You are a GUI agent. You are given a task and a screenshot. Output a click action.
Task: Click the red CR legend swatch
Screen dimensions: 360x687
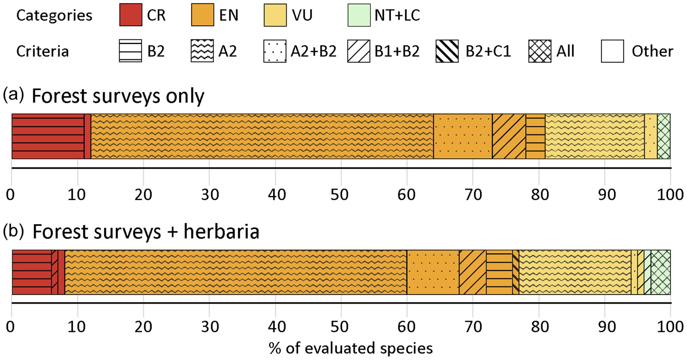coord(130,15)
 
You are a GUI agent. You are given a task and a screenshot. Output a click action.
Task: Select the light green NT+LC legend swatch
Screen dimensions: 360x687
coord(359,15)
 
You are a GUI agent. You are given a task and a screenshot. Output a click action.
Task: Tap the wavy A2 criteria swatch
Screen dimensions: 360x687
coord(202,51)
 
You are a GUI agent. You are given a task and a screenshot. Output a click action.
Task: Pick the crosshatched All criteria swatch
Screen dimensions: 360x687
coord(540,51)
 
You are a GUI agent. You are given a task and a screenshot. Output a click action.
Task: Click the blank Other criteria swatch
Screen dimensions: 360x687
coord(612,51)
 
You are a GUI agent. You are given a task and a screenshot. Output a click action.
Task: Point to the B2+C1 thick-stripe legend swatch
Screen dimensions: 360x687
coord(447,51)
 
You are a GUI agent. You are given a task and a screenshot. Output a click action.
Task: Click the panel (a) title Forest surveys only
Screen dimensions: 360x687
coord(118,96)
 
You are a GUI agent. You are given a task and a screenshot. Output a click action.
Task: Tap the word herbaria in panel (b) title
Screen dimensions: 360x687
coord(221,231)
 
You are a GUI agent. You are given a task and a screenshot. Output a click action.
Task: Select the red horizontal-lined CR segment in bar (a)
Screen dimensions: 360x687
coord(48,136)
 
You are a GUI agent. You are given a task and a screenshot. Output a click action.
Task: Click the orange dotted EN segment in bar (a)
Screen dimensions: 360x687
coord(462,136)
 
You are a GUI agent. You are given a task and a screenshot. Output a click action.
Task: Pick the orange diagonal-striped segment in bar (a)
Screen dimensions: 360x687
coord(509,136)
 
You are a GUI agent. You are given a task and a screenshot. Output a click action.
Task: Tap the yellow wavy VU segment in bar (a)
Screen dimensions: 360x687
coord(594,136)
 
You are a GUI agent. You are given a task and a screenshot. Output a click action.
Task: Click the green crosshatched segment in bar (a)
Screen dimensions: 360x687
coord(663,136)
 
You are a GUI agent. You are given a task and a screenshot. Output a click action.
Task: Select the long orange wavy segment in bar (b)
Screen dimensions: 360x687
coord(235,272)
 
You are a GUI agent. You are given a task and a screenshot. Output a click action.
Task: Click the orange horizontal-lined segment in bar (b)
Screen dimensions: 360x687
coord(499,272)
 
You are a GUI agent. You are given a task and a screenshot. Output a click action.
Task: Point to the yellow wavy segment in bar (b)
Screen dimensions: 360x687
coord(575,272)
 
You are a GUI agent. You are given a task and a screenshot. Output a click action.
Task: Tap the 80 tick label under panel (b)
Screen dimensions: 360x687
coord(540,327)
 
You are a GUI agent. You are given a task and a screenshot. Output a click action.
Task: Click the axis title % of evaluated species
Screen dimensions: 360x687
coord(350,348)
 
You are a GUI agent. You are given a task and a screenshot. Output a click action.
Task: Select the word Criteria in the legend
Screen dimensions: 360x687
coord(42,51)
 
